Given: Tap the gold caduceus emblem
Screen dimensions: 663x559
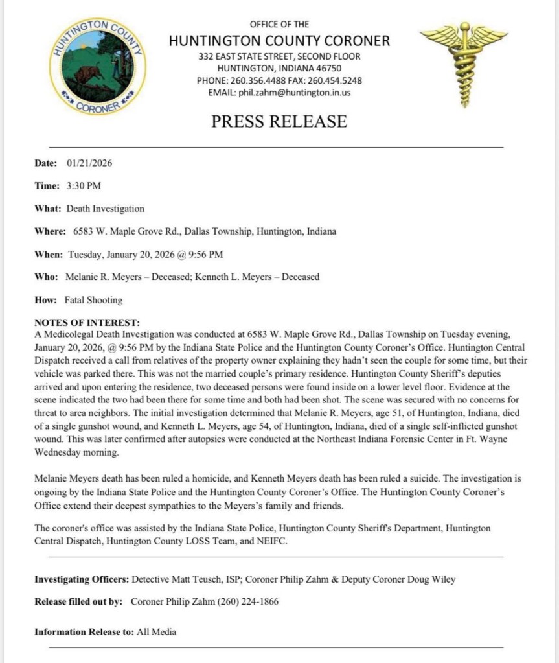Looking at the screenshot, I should (463, 64).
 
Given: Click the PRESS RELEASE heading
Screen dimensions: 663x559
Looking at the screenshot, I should (279, 121).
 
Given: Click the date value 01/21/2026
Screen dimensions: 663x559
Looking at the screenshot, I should (89, 163).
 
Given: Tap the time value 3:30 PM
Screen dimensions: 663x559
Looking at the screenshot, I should (84, 186).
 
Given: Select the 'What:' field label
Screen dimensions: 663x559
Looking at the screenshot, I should (47, 209).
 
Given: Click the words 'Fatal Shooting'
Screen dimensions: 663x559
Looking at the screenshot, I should (93, 300).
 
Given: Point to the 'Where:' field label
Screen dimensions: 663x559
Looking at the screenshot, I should (50, 231).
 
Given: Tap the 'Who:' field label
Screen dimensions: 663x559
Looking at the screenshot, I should (47, 277).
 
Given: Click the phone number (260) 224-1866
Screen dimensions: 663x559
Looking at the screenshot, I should (251, 601).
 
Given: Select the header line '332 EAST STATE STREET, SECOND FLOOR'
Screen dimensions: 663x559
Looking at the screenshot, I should (279, 56).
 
